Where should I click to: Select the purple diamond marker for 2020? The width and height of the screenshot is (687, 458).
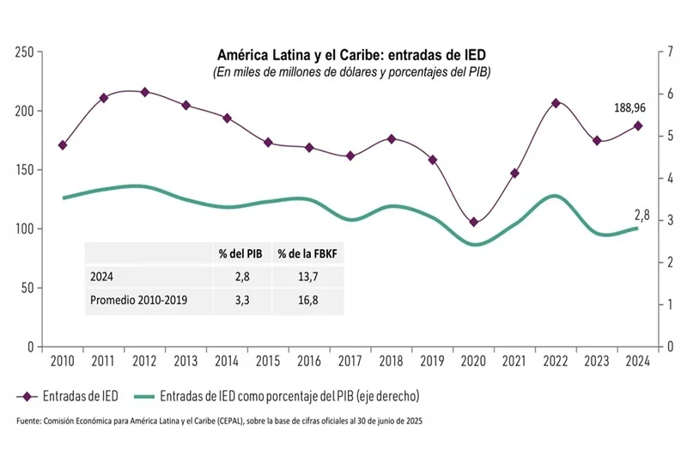pos(473,222)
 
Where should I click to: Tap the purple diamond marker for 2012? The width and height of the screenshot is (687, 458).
pos(144,92)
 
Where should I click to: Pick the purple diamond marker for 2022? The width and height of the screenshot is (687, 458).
pos(556,103)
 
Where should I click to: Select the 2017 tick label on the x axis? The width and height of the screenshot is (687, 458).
pos(350,360)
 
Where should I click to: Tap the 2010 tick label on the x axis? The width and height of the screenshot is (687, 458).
pos(62,360)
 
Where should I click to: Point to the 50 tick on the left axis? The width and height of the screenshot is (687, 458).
pos(28,288)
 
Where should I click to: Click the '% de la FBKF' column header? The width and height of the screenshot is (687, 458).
pos(308,255)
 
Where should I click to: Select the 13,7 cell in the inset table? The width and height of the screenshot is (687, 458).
pos(308,278)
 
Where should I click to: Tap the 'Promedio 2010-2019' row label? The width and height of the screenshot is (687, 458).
pos(138,301)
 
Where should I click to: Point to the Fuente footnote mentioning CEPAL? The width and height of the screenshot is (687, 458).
pos(220,422)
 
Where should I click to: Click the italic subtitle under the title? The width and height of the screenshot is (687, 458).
pos(351,72)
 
